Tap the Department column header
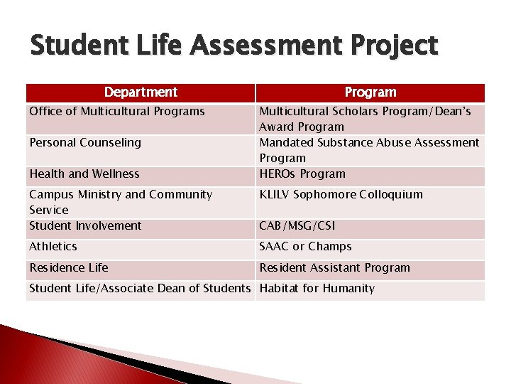click(x=141, y=92)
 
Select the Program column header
click(x=370, y=92)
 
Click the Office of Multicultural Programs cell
click(x=117, y=111)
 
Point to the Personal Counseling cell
click(x=85, y=142)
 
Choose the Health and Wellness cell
click(x=84, y=174)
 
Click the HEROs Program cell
click(x=302, y=174)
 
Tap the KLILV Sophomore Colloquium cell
click(x=341, y=194)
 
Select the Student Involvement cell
click(x=85, y=225)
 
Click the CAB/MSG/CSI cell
click(x=297, y=225)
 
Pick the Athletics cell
click(x=53, y=246)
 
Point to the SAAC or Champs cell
click(x=305, y=246)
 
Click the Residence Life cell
click(x=69, y=267)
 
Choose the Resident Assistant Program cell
click(x=335, y=267)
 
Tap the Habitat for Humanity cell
click(x=317, y=288)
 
